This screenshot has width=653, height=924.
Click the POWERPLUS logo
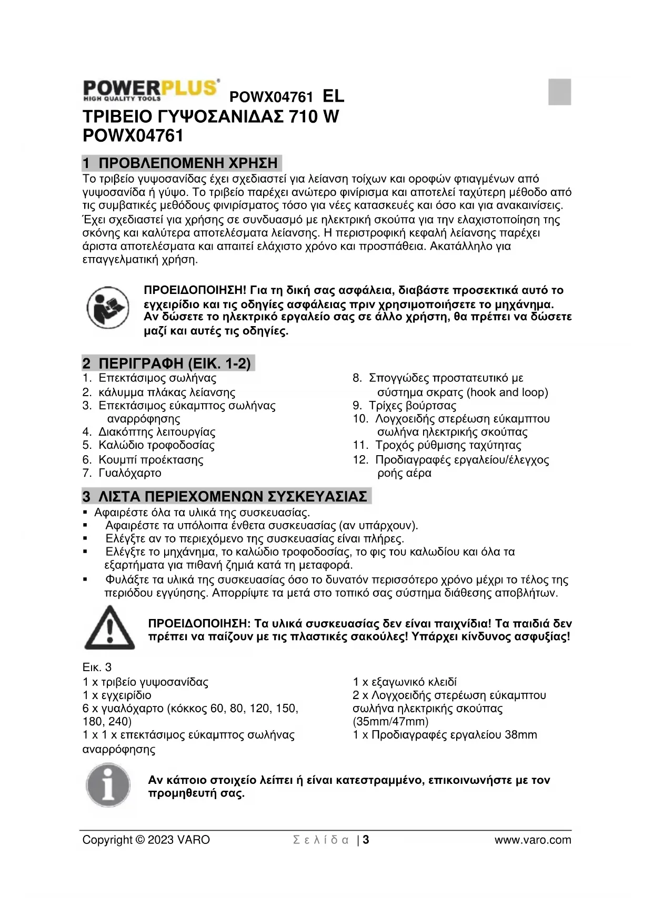point(151,90)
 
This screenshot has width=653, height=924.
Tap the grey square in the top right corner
point(559,92)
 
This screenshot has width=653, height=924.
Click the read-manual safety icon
point(108,308)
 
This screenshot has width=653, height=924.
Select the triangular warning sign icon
point(109,628)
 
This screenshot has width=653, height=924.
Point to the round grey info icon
point(108,786)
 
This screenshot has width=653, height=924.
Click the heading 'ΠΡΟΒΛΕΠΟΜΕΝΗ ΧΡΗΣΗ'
point(188,163)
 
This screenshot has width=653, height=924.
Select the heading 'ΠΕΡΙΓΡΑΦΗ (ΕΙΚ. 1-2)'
point(175,363)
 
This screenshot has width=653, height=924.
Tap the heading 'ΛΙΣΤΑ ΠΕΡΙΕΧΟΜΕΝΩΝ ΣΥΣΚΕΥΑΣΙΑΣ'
point(233,497)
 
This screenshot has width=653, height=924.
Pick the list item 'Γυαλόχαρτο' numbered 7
point(130,473)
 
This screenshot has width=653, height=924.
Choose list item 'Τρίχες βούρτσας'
point(413,406)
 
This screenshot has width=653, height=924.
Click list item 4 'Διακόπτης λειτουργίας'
point(157,432)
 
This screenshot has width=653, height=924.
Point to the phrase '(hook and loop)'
point(507,392)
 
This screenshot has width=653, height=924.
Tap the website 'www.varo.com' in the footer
point(533,840)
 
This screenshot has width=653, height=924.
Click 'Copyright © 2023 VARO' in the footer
point(146,840)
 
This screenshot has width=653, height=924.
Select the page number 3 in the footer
point(366,840)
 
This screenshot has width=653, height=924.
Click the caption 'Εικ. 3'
point(97,667)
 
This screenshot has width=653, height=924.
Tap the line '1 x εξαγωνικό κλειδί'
point(405,682)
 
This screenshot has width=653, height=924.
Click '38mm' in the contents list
point(520,735)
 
